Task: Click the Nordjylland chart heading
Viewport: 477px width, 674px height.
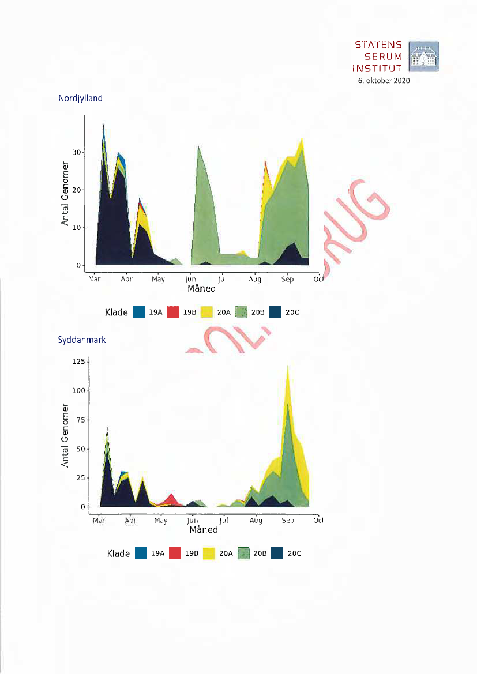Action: (x=80, y=98)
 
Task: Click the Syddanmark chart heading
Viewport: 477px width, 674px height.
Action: (x=82, y=340)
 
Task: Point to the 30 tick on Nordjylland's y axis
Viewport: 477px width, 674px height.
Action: (x=75, y=152)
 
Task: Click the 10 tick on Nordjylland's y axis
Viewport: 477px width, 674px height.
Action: (x=75, y=227)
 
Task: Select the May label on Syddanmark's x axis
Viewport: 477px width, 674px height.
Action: (x=161, y=521)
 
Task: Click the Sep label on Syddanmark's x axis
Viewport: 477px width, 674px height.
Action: (x=288, y=521)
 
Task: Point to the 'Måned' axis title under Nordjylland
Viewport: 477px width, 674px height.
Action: (x=201, y=288)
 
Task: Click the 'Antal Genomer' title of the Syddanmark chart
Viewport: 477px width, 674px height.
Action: (x=65, y=435)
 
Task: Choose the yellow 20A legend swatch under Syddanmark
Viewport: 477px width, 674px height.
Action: (x=208, y=553)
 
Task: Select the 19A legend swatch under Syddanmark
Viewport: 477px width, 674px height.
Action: (x=141, y=553)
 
